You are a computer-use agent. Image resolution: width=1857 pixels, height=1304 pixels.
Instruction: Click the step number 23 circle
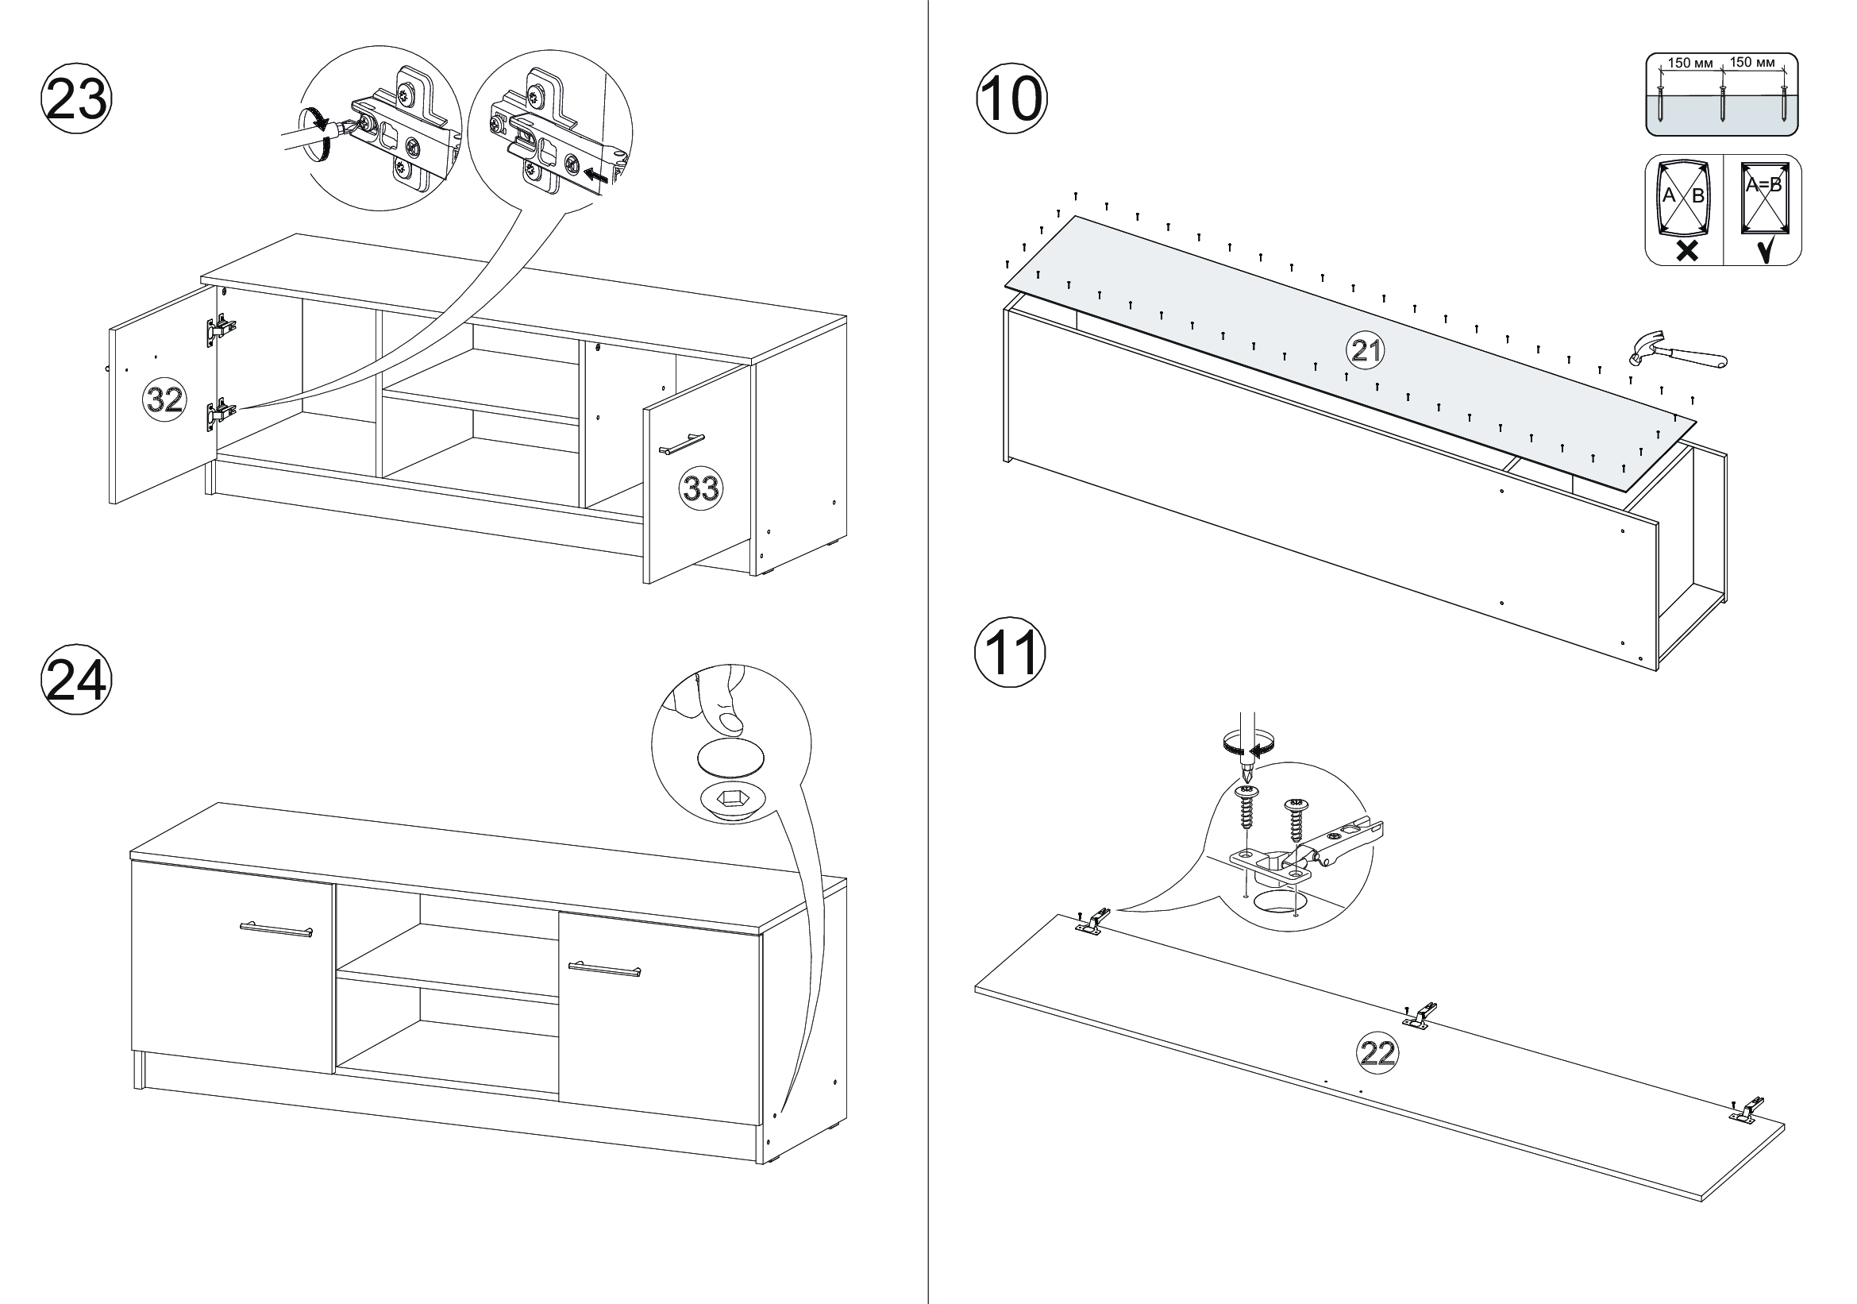pyautogui.click(x=76, y=101)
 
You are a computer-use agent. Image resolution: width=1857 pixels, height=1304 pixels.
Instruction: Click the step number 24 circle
pyautogui.click(x=76, y=680)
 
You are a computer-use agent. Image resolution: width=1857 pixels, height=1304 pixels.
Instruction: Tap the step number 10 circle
pyautogui.click(x=1011, y=101)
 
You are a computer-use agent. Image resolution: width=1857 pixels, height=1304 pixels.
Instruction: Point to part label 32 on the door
pyautogui.click(x=164, y=399)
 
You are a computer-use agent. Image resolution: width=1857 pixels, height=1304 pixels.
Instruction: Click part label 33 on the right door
pyautogui.click(x=700, y=488)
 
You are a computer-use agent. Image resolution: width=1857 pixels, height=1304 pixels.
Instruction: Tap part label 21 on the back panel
pyautogui.click(x=1366, y=350)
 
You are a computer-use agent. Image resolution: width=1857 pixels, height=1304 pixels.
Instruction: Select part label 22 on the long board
pyautogui.click(x=1377, y=1052)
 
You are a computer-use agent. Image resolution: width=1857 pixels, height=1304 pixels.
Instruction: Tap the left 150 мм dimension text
pyautogui.click(x=1689, y=63)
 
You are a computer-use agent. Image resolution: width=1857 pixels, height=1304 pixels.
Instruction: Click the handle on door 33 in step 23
pyautogui.click(x=682, y=443)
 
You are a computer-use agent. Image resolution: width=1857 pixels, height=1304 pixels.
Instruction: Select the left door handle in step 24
pyautogui.click(x=275, y=928)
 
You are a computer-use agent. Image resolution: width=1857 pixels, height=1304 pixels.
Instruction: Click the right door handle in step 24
pyautogui.click(x=603, y=968)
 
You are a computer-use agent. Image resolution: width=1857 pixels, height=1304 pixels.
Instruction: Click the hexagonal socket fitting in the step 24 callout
pyautogui.click(x=730, y=800)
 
